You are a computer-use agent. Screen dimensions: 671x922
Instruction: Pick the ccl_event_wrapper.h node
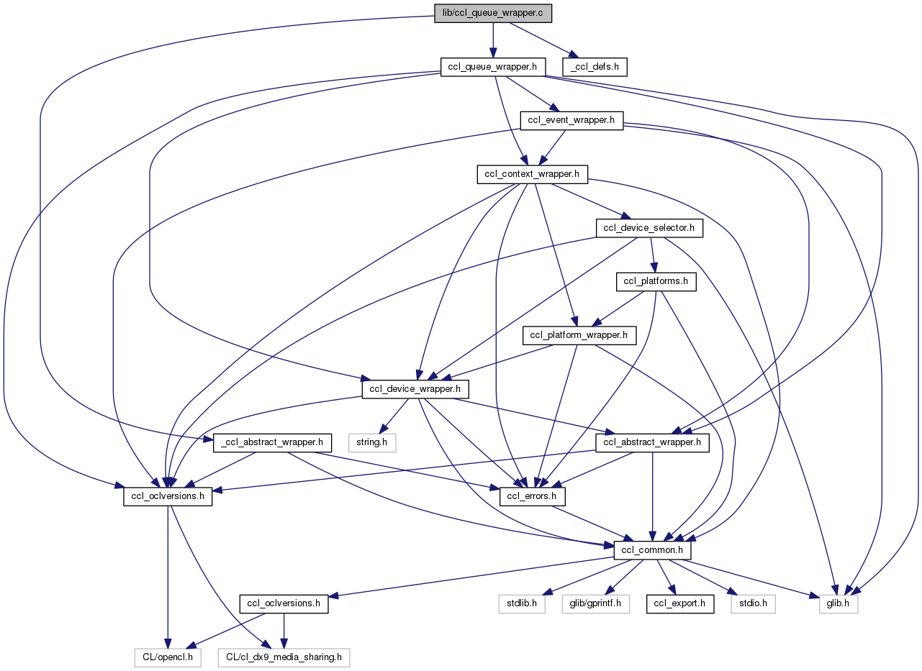(571, 120)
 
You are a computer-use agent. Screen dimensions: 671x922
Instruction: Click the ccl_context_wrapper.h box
(533, 174)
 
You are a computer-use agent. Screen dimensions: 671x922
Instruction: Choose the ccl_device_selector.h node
(648, 228)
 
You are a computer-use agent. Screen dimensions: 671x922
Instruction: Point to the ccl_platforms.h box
(656, 281)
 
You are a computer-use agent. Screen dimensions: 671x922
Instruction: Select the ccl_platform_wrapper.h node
(579, 335)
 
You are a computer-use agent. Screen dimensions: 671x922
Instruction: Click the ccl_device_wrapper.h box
(415, 389)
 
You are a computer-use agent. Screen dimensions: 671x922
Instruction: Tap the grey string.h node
(372, 442)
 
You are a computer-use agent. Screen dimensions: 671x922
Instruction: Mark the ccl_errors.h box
(533, 496)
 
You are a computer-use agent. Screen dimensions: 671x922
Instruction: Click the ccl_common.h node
(653, 550)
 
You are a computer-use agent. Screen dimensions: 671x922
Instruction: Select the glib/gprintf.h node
(595, 604)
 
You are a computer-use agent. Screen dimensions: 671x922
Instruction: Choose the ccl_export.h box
(680, 604)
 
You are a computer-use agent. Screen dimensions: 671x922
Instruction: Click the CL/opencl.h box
(167, 657)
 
